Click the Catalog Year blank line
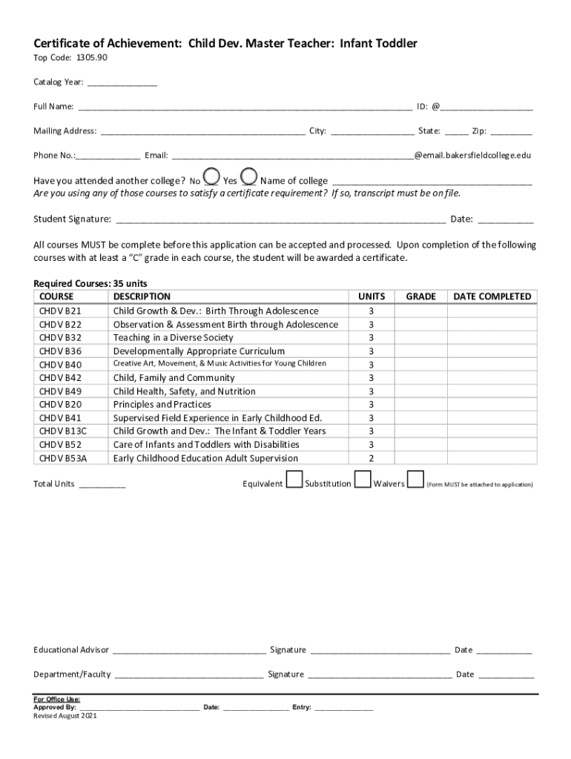click(x=122, y=83)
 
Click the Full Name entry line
click(x=244, y=107)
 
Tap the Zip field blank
click(x=511, y=131)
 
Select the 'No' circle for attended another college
click(x=211, y=177)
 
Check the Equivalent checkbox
click(x=294, y=480)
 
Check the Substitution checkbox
click(x=363, y=480)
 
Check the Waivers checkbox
click(x=416, y=480)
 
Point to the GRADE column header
click(x=420, y=296)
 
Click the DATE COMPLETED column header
click(x=492, y=296)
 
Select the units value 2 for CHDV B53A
click(x=372, y=459)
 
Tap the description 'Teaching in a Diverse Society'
click(x=173, y=338)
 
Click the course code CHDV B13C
click(x=63, y=431)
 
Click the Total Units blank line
click(x=102, y=485)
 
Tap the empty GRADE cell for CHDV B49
click(x=420, y=391)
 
